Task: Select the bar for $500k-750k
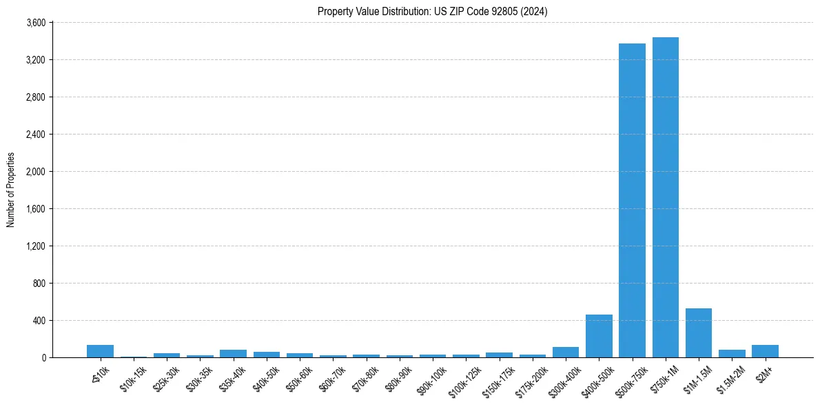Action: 632,200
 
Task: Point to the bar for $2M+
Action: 765,351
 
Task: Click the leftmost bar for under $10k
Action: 100,351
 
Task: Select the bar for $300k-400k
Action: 566,353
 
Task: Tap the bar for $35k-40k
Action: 233,354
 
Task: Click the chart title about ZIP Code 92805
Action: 432,12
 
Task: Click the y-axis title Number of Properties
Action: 11,190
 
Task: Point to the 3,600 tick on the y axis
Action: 35,23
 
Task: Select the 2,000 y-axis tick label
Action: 35,172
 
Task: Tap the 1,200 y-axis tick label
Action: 35,246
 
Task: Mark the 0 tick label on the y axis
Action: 43,358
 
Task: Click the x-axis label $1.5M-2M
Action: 730,377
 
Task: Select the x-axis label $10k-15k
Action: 132,377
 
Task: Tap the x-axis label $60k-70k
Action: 331,377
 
